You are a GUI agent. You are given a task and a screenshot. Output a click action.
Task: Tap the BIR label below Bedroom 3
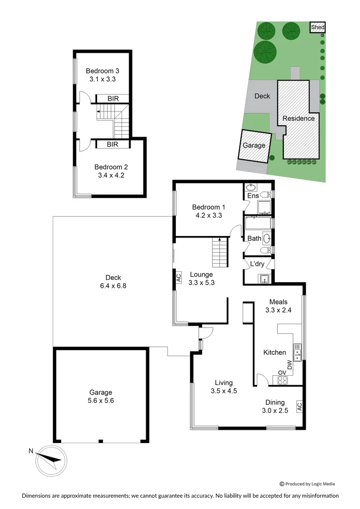pos(113,99)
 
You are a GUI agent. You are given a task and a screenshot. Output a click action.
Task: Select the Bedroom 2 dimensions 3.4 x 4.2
pos(111,175)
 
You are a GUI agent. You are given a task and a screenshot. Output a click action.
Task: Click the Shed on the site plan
pos(318,28)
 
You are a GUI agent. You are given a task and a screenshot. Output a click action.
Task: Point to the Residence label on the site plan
pos(298,118)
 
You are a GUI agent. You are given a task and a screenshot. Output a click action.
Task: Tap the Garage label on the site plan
pos(254,146)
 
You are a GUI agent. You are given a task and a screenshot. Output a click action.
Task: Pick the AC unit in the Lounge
pos(178,278)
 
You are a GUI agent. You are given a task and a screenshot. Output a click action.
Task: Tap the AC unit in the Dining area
pos(299,406)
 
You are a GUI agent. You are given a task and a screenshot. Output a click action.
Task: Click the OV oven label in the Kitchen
pos(282,372)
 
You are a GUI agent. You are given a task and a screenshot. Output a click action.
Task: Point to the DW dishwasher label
pos(290,364)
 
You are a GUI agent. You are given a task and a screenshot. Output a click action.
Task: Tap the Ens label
pos(253,196)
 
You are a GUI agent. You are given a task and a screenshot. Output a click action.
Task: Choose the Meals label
pos(278,302)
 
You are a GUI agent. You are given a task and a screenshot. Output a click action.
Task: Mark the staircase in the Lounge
pos(219,252)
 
